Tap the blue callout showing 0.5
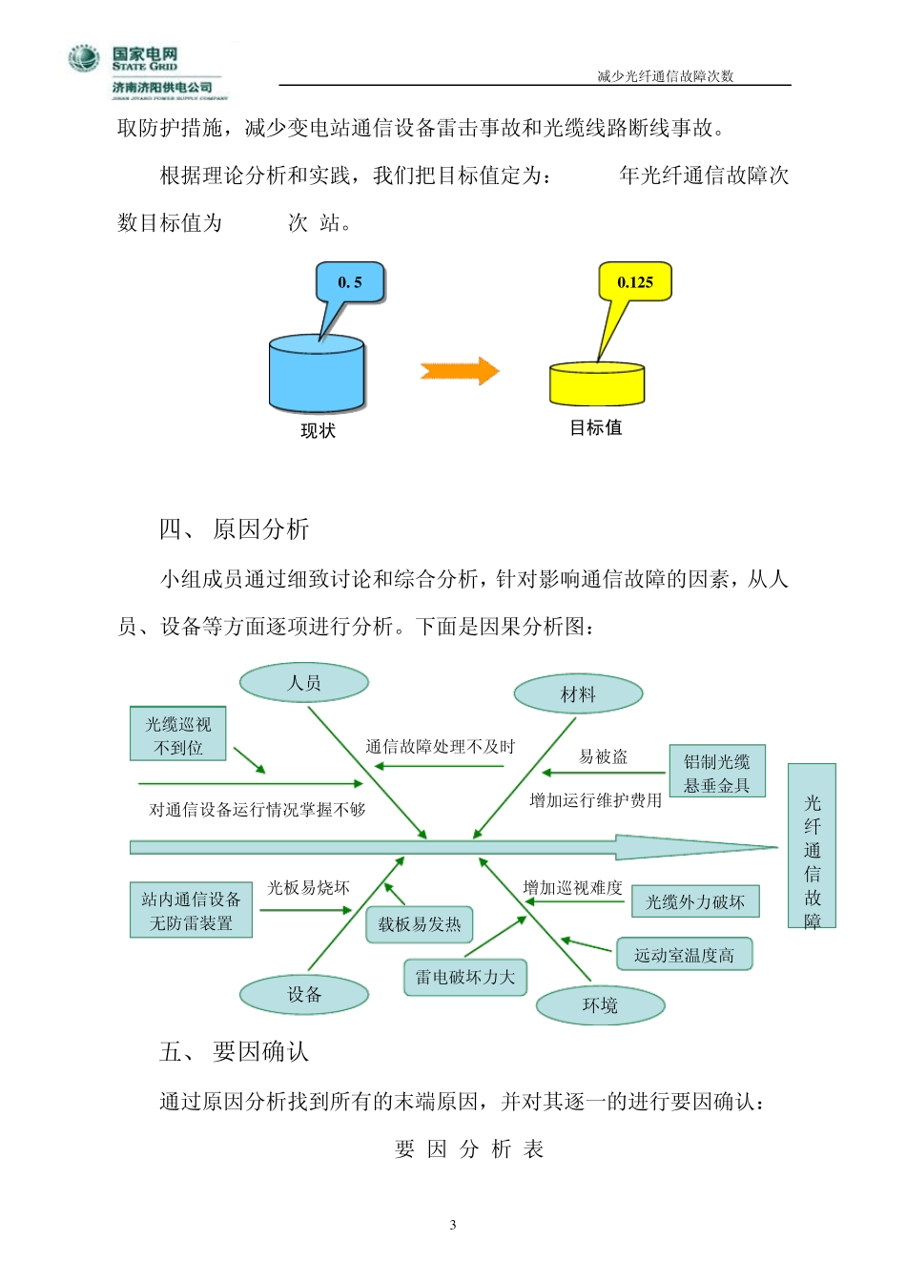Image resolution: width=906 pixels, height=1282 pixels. coord(350,282)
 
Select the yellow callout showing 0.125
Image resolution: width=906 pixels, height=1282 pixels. coord(635,281)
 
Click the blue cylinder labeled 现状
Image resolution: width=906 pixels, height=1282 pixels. coord(318,374)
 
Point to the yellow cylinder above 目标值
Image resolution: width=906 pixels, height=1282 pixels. coord(597,383)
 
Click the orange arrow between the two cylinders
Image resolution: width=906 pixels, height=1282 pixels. coord(460,371)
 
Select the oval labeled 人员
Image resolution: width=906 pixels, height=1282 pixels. coord(304,683)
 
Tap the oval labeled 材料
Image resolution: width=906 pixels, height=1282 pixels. coord(578,694)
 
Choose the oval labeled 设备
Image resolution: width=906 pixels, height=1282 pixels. coord(304,995)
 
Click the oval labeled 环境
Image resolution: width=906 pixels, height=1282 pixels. coord(600,1005)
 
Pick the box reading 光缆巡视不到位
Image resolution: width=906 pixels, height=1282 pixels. coord(178,734)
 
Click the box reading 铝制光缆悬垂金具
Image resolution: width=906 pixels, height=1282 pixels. coord(717,772)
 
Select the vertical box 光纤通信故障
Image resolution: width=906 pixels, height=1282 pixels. coord(812,846)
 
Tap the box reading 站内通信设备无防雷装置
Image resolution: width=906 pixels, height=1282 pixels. coord(191,910)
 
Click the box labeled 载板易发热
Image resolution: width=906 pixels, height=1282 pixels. coord(420,924)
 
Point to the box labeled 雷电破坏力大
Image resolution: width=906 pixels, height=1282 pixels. coord(465,978)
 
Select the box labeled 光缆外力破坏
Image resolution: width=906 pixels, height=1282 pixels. coord(695,901)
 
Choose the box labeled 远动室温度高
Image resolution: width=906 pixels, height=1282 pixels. coord(684,955)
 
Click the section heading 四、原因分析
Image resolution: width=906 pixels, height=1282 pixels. coord(235,529)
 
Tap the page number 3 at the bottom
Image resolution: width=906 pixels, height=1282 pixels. coord(453,1225)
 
